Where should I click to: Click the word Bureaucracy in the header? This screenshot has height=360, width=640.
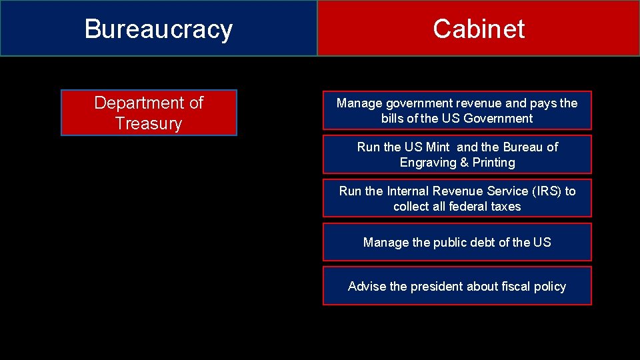(159, 29)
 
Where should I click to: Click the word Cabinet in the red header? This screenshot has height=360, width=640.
(479, 29)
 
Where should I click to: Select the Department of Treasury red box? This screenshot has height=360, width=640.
(149, 113)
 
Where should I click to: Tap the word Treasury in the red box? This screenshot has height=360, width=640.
(149, 123)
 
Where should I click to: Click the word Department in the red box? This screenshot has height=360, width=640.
(132, 103)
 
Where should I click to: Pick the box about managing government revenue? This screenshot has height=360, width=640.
(457, 110)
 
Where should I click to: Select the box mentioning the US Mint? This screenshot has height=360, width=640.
(457, 154)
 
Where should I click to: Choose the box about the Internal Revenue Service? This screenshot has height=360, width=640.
(457, 198)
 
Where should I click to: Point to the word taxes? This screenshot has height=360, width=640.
(505, 207)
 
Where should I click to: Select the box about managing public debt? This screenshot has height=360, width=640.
(457, 242)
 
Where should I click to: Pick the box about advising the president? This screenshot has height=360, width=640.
(457, 286)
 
